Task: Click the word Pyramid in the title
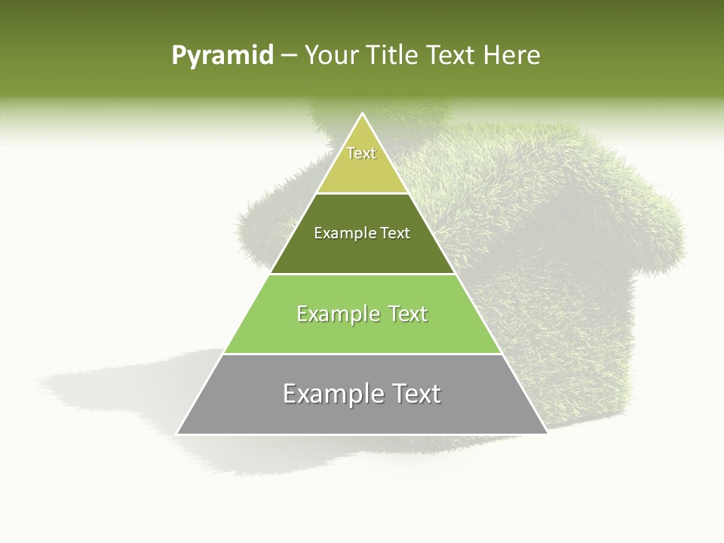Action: click(222, 56)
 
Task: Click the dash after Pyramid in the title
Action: click(290, 57)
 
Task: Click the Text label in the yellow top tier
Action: click(361, 153)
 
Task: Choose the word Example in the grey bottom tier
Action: click(329, 394)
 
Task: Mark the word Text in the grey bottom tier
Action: click(416, 394)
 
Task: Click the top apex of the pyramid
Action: click(362, 115)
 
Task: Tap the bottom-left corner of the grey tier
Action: click(178, 433)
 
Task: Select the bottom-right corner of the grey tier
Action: click(546, 433)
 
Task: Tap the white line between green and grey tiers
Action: click(362, 354)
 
